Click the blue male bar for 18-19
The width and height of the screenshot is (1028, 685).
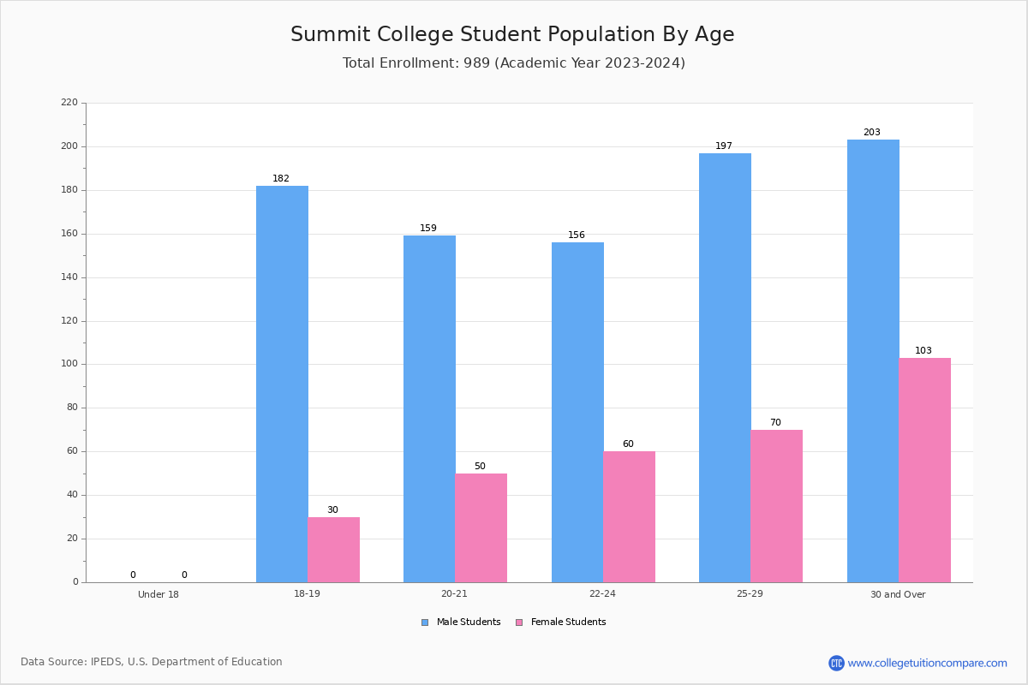tap(282, 384)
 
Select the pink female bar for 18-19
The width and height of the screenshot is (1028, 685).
tap(333, 550)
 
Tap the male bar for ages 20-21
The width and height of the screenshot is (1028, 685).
tap(429, 408)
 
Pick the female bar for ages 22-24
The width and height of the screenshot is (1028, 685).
tap(629, 517)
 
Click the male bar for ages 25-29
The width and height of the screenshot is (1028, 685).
tap(725, 368)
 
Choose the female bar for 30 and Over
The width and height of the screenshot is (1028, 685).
tap(924, 470)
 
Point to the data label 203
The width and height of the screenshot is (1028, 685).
tap(872, 132)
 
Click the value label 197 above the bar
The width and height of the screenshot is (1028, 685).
tap(724, 146)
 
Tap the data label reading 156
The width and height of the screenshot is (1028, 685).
tap(577, 235)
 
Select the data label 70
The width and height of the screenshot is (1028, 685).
tap(775, 422)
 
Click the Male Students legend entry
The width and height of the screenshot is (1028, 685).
tap(461, 622)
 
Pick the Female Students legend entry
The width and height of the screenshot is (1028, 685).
tap(561, 622)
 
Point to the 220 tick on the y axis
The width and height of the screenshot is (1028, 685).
tap(69, 102)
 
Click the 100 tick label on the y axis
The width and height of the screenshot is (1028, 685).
tap(69, 364)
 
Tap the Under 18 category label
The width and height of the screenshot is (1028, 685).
tap(158, 594)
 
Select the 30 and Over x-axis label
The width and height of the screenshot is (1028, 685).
tap(898, 594)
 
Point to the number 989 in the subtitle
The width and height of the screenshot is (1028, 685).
tap(477, 63)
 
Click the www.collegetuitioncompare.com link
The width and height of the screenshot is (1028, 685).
tap(927, 663)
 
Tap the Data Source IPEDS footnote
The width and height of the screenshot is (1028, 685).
tap(152, 662)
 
